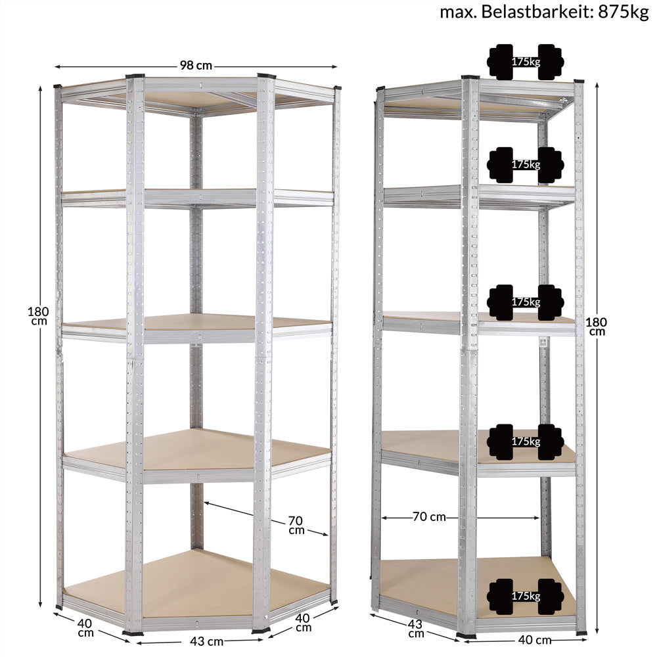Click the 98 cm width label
[196, 66]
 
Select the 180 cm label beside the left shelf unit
[38, 316]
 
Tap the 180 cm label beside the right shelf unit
[597, 327]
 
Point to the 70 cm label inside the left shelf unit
[296, 525]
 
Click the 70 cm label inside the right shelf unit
[429, 516]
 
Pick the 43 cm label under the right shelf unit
[415, 629]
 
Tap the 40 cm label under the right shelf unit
[535, 640]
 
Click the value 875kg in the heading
[623, 12]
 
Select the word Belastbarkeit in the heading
[536, 12]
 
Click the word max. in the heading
[458, 12]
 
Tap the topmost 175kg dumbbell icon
[526, 62]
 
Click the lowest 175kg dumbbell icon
[526, 597]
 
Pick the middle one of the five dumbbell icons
[526, 302]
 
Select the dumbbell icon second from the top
[526, 165]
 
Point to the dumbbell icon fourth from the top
[526, 442]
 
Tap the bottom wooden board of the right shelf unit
[478, 587]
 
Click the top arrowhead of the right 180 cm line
[597, 85]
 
